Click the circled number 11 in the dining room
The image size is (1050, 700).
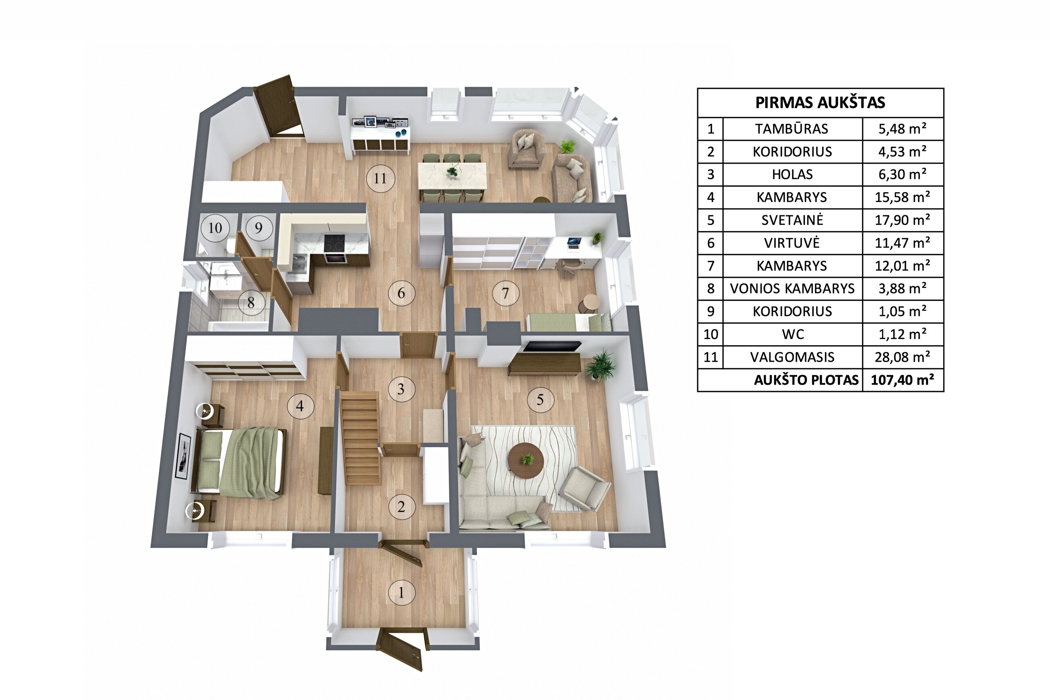[x=380, y=179]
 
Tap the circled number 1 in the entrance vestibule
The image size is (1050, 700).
[x=401, y=592]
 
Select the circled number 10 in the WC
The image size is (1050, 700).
[x=215, y=228]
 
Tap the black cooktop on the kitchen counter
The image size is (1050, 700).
[x=334, y=243]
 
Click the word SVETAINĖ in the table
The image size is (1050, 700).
[x=792, y=220]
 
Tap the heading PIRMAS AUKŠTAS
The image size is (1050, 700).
[x=820, y=103]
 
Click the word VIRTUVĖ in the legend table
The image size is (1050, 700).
[x=792, y=243]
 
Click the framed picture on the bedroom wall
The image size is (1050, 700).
[x=183, y=456]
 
